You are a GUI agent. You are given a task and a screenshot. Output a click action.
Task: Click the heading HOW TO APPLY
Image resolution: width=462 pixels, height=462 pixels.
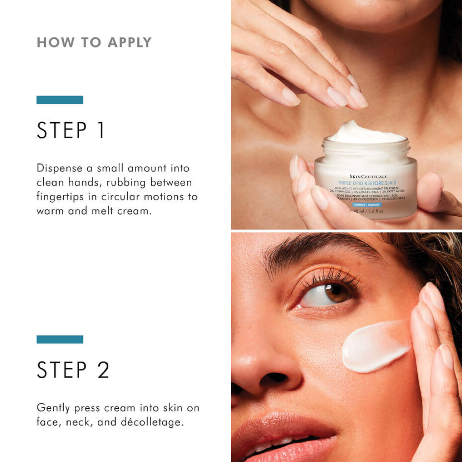(x=94, y=42)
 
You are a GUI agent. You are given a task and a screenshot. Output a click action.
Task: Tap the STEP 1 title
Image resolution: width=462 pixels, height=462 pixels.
(x=71, y=130)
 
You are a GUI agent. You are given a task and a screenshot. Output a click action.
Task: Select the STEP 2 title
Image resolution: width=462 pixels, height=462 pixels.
(x=73, y=370)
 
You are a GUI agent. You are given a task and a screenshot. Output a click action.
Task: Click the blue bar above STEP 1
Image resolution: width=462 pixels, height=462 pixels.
(x=60, y=100)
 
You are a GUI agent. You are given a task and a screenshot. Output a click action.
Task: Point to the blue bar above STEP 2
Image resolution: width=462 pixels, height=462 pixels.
(x=60, y=339)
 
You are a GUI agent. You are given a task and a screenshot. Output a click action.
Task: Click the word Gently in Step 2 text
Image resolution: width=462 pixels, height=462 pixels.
(x=53, y=408)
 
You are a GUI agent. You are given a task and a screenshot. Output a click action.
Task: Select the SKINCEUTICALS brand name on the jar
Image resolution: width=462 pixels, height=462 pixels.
(x=368, y=176)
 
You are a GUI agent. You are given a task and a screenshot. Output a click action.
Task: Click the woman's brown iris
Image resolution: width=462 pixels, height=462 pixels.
(x=337, y=293)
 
